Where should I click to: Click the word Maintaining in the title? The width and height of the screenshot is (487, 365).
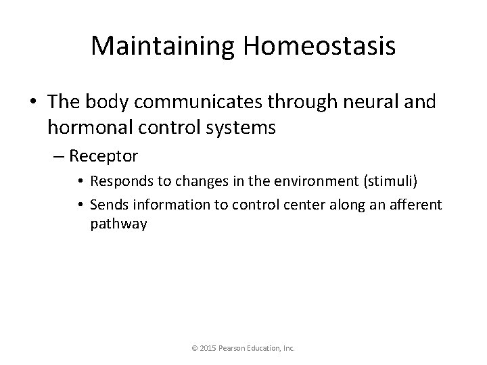click(162, 46)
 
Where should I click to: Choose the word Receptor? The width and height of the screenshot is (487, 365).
click(103, 157)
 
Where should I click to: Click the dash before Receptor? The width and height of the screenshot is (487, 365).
click(59, 157)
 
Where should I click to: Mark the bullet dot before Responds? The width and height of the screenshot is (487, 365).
click(80, 182)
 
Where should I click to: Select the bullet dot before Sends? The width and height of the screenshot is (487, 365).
click(80, 204)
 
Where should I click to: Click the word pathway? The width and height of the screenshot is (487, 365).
click(118, 224)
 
